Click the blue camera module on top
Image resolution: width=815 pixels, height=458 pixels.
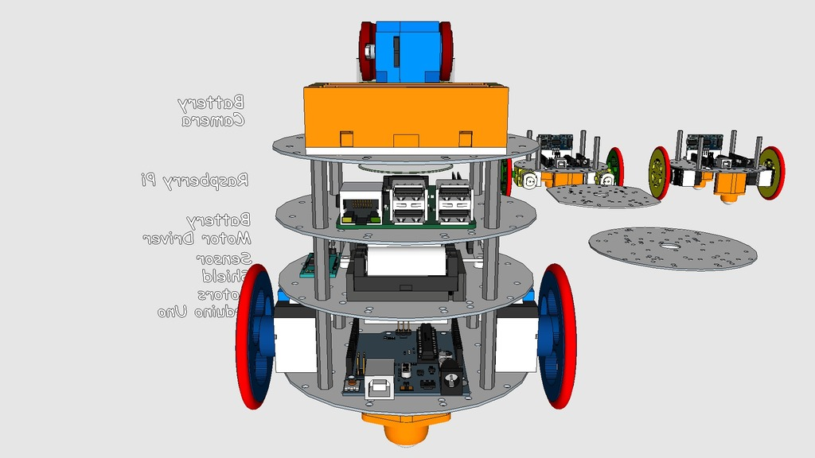click(406, 50)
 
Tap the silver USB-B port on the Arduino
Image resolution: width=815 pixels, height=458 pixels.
click(379, 387)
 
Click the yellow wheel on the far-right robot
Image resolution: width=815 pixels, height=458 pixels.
click(660, 173)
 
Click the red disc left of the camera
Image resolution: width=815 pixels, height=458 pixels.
click(367, 51)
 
